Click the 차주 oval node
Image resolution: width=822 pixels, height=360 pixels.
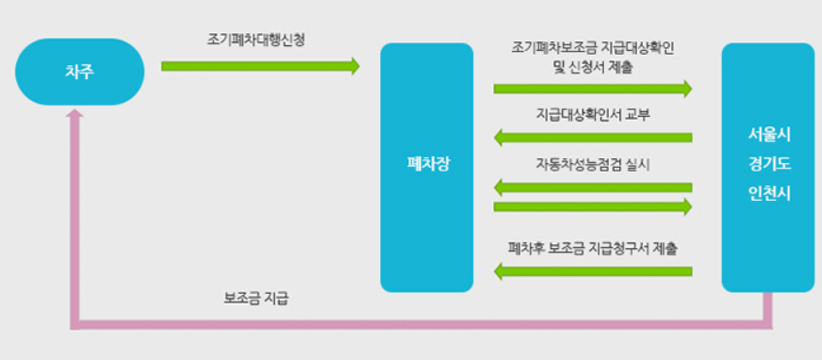click(80, 71)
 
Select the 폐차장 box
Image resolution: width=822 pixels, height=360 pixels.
click(426, 167)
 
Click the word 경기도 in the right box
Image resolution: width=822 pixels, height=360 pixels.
click(767, 165)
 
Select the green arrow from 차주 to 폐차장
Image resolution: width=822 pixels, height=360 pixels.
click(260, 66)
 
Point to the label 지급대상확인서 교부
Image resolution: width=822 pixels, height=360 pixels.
click(593, 115)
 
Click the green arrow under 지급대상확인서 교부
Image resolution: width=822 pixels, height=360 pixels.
click(593, 138)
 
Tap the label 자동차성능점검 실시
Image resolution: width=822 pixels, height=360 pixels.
click(593, 162)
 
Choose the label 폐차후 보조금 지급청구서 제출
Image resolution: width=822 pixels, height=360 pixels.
click(593, 249)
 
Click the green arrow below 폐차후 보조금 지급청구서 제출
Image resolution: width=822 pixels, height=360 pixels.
click(593, 272)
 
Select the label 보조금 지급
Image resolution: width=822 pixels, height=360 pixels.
click(256, 300)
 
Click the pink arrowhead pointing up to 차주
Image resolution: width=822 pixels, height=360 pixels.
click(76, 115)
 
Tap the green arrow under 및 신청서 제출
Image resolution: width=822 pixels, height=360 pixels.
click(593, 90)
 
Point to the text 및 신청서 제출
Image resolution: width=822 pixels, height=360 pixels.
click(593, 67)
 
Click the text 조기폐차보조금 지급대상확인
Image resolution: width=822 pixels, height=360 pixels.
click(593, 46)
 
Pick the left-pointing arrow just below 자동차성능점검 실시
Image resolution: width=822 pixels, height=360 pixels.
click(593, 187)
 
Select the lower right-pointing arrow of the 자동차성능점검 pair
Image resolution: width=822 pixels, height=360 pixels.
click(593, 205)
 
